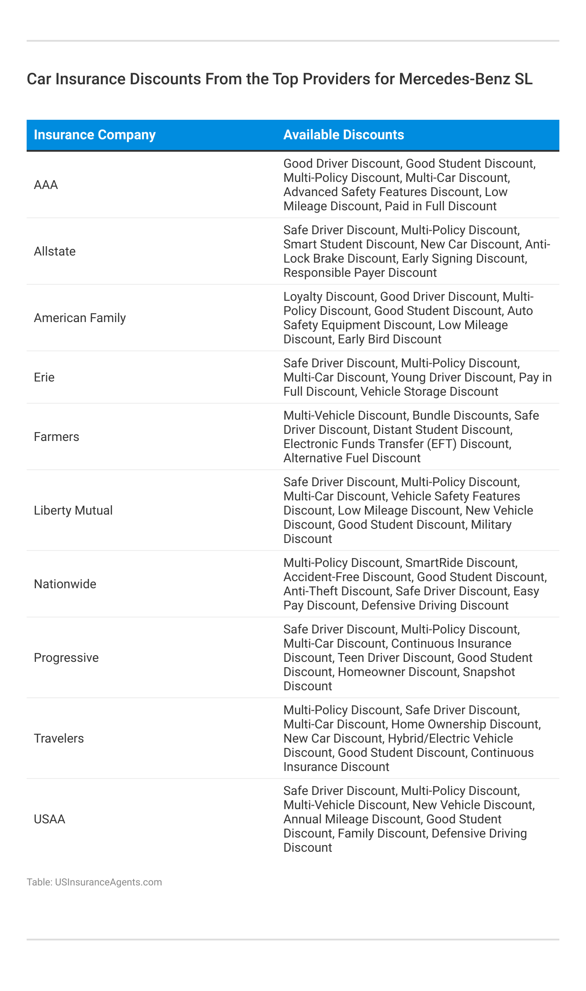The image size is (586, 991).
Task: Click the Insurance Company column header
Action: click(x=95, y=135)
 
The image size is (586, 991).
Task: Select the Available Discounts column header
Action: click(x=344, y=135)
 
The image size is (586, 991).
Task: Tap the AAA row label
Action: click(x=46, y=185)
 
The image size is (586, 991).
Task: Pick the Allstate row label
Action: click(x=55, y=252)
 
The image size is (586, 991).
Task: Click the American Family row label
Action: click(x=80, y=318)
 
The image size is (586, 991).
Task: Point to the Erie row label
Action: click(x=44, y=378)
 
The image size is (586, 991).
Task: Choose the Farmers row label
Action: click(x=56, y=437)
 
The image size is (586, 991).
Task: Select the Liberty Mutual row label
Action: click(x=73, y=511)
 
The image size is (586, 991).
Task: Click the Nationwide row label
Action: click(x=65, y=584)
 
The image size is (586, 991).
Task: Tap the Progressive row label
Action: click(x=66, y=658)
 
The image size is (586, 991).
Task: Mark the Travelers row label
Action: click(x=59, y=739)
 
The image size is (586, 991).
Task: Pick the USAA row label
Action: click(x=49, y=819)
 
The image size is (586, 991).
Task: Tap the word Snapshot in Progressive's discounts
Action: click(x=489, y=672)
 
